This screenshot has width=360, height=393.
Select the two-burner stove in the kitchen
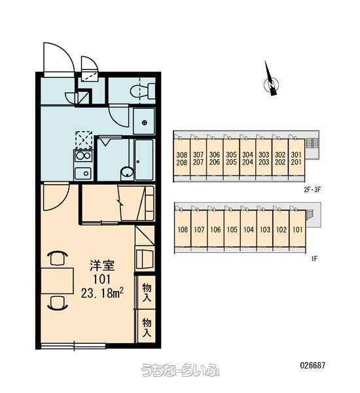click(83, 156)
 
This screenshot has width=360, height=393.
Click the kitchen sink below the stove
click(83, 173)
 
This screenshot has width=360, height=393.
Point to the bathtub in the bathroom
click(144, 160)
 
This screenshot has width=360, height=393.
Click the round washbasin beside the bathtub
click(127, 173)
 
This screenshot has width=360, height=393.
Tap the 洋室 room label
click(102, 265)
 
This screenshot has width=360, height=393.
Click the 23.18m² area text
click(102, 293)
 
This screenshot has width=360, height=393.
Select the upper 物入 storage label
click(147, 291)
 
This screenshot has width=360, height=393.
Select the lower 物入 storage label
click(147, 327)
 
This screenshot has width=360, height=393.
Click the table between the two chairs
click(57, 280)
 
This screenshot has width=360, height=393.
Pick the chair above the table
click(58, 258)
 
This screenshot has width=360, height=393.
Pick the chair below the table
click(58, 303)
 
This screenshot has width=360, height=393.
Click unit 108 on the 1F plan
click(183, 229)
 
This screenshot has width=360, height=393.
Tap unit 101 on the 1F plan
click(297, 229)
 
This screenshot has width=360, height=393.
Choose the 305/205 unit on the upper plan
click(231, 159)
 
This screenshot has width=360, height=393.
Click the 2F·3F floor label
click(312, 190)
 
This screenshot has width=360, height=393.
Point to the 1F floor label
click(314, 259)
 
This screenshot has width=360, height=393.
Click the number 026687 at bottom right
click(313, 365)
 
